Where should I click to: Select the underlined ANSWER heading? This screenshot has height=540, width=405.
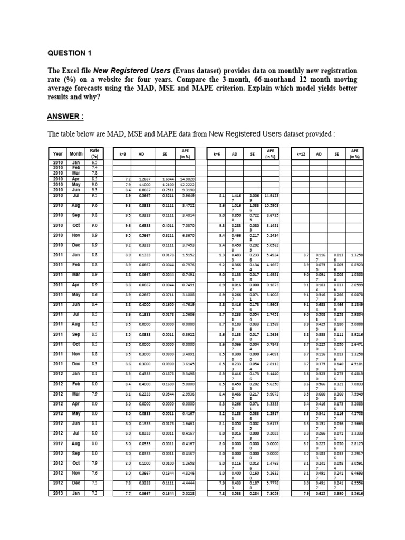pyautogui.click(x=65, y=117)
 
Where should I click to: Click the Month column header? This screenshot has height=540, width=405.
pyautogui.click(x=75, y=153)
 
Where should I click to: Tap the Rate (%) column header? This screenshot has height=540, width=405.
pyautogui.click(x=94, y=153)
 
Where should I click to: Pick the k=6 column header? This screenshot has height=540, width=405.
pyautogui.click(x=216, y=153)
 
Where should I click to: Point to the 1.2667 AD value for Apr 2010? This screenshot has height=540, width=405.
pyautogui.click(x=144, y=179)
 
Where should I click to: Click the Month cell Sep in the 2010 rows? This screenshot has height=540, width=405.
pyautogui.click(x=75, y=215)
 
